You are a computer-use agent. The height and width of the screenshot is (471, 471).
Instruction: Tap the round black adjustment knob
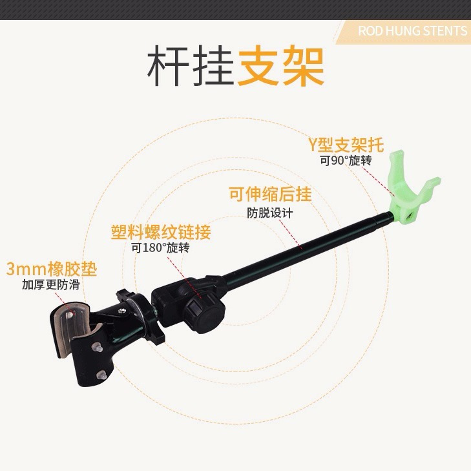pos(204,313)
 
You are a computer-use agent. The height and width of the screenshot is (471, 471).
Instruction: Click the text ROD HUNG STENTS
pos(412,31)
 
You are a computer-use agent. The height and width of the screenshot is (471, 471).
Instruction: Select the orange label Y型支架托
pos(346,145)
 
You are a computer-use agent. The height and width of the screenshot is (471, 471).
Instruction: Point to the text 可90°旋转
pos(346,161)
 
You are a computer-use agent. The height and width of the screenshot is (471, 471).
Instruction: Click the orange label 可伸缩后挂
pos(270,194)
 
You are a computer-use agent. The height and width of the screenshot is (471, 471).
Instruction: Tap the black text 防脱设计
pos(270,213)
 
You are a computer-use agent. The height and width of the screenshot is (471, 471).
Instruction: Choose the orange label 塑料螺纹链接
pos(161,232)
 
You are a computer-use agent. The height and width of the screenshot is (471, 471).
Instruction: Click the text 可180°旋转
pos(160,248)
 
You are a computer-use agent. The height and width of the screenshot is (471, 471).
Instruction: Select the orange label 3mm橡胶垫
pos(52,269)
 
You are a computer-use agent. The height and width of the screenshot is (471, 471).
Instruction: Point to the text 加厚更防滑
pos(50,284)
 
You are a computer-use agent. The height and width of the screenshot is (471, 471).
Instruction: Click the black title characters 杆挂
pos(190,66)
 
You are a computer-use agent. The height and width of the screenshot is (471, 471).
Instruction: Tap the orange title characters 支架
pos(280,66)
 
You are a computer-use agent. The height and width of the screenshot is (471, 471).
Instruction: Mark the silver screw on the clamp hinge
pos(121,311)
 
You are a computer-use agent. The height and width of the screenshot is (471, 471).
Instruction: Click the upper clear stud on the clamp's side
pos(98,348)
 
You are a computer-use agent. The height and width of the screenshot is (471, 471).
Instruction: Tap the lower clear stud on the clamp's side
pos(102,375)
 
